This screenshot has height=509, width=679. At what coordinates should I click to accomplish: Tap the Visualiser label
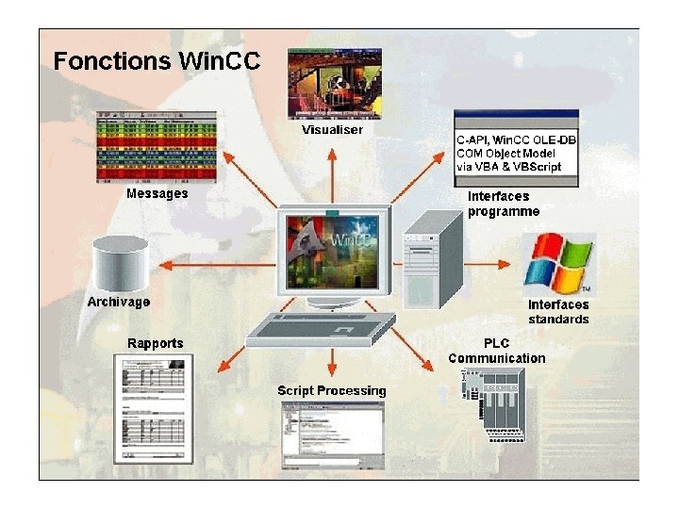pyautogui.click(x=332, y=129)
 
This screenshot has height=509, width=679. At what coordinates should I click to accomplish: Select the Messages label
pyautogui.click(x=157, y=193)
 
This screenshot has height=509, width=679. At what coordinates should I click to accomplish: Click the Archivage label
pyautogui.click(x=118, y=302)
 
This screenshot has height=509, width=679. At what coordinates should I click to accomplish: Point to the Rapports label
pyautogui.click(x=156, y=342)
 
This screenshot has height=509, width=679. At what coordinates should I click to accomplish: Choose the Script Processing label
pyautogui.click(x=331, y=390)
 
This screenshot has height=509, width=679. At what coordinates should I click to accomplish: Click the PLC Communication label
pyautogui.click(x=496, y=351)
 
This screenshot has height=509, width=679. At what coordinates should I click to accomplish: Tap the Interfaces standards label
pyautogui.click(x=558, y=311)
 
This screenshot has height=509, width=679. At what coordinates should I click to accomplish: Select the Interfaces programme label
pyautogui.click(x=504, y=204)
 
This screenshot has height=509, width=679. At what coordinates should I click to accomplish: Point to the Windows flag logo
pyautogui.click(x=557, y=262)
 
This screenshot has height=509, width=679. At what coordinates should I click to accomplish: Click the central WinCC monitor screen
pyautogui.click(x=334, y=244)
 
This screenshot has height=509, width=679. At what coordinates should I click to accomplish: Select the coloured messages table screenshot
pyautogui.click(x=157, y=146)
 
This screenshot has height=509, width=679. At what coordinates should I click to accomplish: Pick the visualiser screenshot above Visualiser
pyautogui.click(x=334, y=84)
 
